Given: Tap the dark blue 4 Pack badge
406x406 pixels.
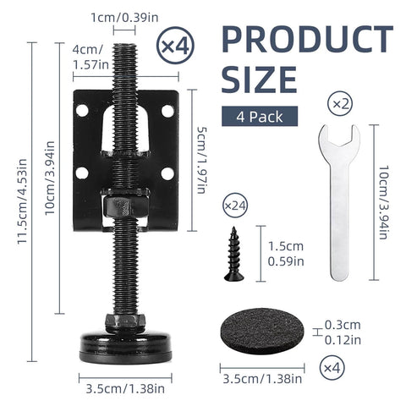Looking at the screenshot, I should pyautogui.click(x=252, y=114).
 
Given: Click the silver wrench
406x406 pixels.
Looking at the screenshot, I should pyautogui.click(x=337, y=203).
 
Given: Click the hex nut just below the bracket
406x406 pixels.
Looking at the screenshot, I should pyautogui.click(x=119, y=206).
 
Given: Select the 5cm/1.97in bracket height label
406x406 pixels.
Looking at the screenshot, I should pyautogui.click(x=200, y=149).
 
